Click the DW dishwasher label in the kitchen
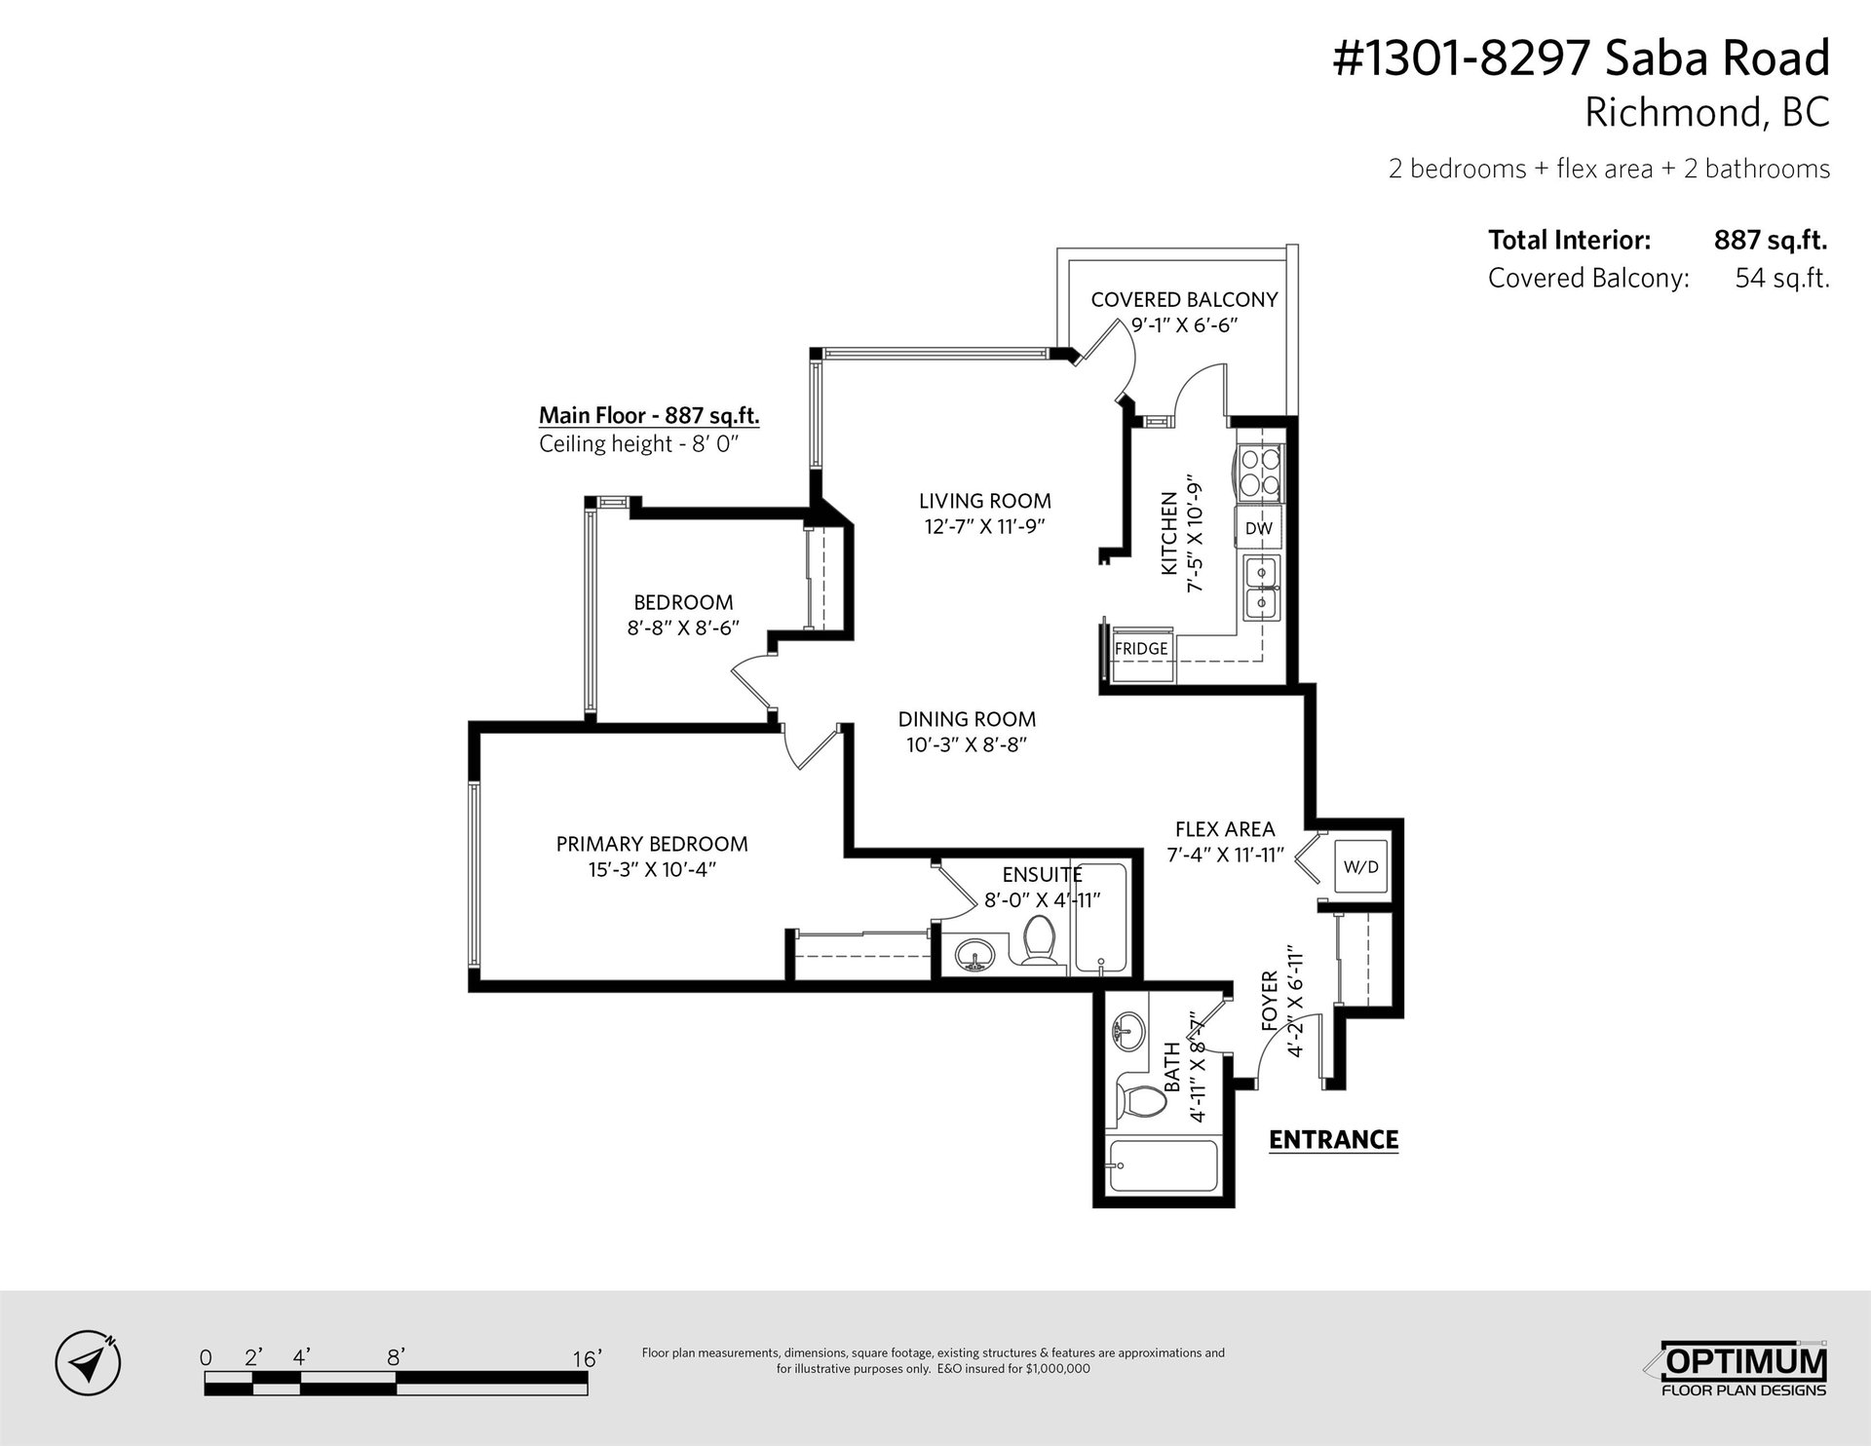click(1259, 528)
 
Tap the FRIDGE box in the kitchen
click(1141, 648)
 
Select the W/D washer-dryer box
click(1361, 867)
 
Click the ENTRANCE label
click(1333, 1139)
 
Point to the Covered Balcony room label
click(1184, 299)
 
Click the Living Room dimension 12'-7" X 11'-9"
click(984, 526)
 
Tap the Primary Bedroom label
click(652, 844)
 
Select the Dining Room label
click(967, 719)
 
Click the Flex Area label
click(1225, 829)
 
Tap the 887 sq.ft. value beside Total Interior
click(1771, 240)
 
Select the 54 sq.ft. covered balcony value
click(1782, 279)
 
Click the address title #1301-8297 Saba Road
click(1581, 58)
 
